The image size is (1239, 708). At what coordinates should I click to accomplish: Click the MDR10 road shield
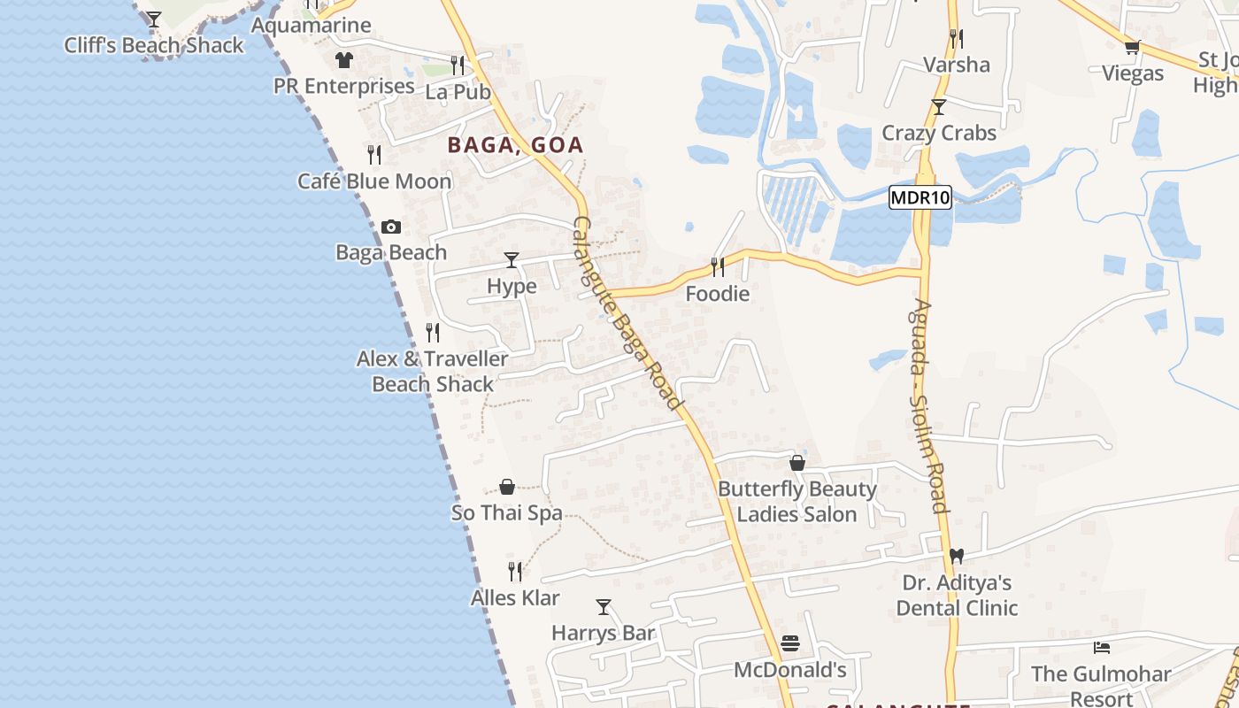pyautogui.click(x=920, y=197)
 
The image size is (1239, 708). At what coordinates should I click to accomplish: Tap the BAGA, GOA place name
pyautogui.click(x=515, y=145)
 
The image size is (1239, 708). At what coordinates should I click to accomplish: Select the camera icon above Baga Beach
pyautogui.click(x=390, y=227)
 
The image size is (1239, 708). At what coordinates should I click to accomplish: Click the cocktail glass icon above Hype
pyautogui.click(x=512, y=259)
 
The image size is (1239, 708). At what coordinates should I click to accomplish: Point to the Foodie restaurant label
pyautogui.click(x=718, y=294)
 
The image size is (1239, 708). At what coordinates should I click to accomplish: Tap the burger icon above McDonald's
pyautogui.click(x=790, y=643)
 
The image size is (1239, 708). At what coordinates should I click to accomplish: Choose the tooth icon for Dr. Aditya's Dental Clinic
pyautogui.click(x=956, y=557)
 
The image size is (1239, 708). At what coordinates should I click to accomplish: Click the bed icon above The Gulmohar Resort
pyautogui.click(x=1101, y=648)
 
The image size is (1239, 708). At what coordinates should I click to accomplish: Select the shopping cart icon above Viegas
pyautogui.click(x=1132, y=47)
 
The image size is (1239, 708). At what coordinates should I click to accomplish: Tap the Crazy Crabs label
pyautogui.click(x=939, y=133)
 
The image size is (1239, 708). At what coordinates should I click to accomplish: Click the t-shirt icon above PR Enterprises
pyautogui.click(x=343, y=60)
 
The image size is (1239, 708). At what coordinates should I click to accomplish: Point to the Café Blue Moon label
pyautogui.click(x=374, y=181)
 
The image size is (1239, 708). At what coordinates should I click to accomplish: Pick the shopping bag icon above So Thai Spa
pyautogui.click(x=507, y=487)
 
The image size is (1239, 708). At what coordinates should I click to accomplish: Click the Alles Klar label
pyautogui.click(x=515, y=598)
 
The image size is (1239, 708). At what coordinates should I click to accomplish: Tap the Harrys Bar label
pyautogui.click(x=604, y=633)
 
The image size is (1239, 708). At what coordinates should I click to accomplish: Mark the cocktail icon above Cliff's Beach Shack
pyautogui.click(x=154, y=19)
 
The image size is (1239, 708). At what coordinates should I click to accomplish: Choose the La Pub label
pyautogui.click(x=458, y=92)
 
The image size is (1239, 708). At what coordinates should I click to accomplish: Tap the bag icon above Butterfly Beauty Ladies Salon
pyautogui.click(x=797, y=463)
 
